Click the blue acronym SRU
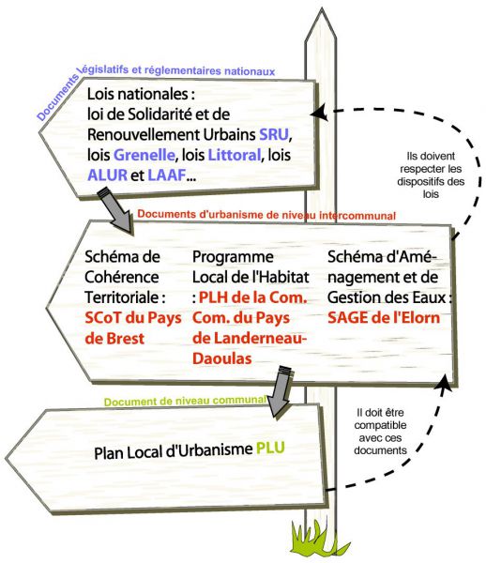[274, 134]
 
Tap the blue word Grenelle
[144, 155]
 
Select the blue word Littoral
[234, 155]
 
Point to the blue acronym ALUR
[107, 175]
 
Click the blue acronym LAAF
[167, 175]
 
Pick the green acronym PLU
[270, 449]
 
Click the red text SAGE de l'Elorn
[384, 318]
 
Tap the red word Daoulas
[221, 358]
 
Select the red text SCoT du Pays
[133, 318]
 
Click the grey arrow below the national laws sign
[116, 211]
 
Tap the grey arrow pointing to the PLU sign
[281, 392]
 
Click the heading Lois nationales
[141, 95]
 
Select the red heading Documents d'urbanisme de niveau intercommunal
[266, 215]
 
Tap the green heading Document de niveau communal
[185, 401]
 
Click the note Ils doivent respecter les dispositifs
[431, 175]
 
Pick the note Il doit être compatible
[380, 432]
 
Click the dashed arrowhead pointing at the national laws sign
[318, 112]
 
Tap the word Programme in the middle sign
[233, 257]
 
